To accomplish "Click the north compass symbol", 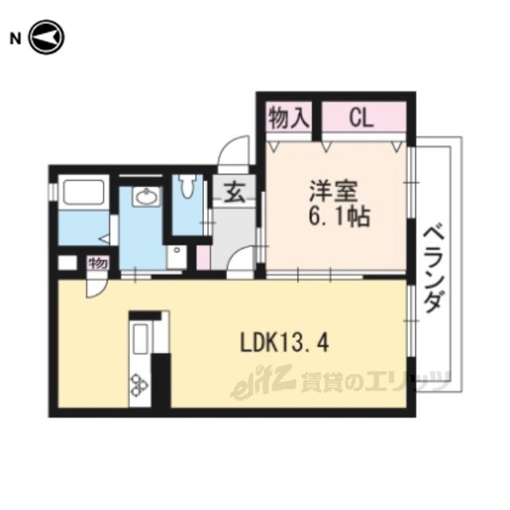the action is [46, 37].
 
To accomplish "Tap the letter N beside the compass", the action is [15, 39].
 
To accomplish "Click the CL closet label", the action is [361, 118].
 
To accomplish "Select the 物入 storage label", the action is [288, 118].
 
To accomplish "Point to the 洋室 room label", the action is [333, 191].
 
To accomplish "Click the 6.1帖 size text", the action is [339, 217].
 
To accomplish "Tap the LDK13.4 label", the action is [284, 343].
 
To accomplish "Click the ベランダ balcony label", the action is [433, 269].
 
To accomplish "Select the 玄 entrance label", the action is [235, 191].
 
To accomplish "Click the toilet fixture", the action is [188, 186].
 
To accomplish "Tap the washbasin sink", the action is [146, 196].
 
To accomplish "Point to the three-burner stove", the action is [139, 386].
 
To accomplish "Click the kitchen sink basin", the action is [140, 339].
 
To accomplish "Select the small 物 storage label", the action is [98, 263].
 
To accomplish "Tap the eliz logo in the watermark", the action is [262, 382].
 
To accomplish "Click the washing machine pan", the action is [177, 257].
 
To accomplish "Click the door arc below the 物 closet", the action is [96, 286].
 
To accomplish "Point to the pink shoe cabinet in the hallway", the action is [203, 257].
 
